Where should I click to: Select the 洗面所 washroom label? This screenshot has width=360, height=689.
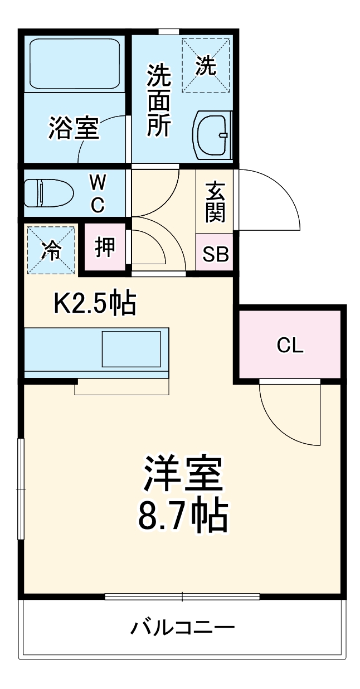pos(158,101)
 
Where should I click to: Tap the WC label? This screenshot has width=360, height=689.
pos(98,193)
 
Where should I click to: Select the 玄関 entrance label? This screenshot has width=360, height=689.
pos(215,202)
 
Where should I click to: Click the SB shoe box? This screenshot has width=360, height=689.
pos(215,254)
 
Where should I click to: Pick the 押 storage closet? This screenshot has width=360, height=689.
pos(104,247)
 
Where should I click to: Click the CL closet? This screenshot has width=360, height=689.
pos(290,346)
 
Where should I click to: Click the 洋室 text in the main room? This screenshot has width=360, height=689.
pos(183,473)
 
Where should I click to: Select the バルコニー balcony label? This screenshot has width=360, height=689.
pos(182,628)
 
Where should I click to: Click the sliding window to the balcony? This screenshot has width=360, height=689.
pos(182,596)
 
